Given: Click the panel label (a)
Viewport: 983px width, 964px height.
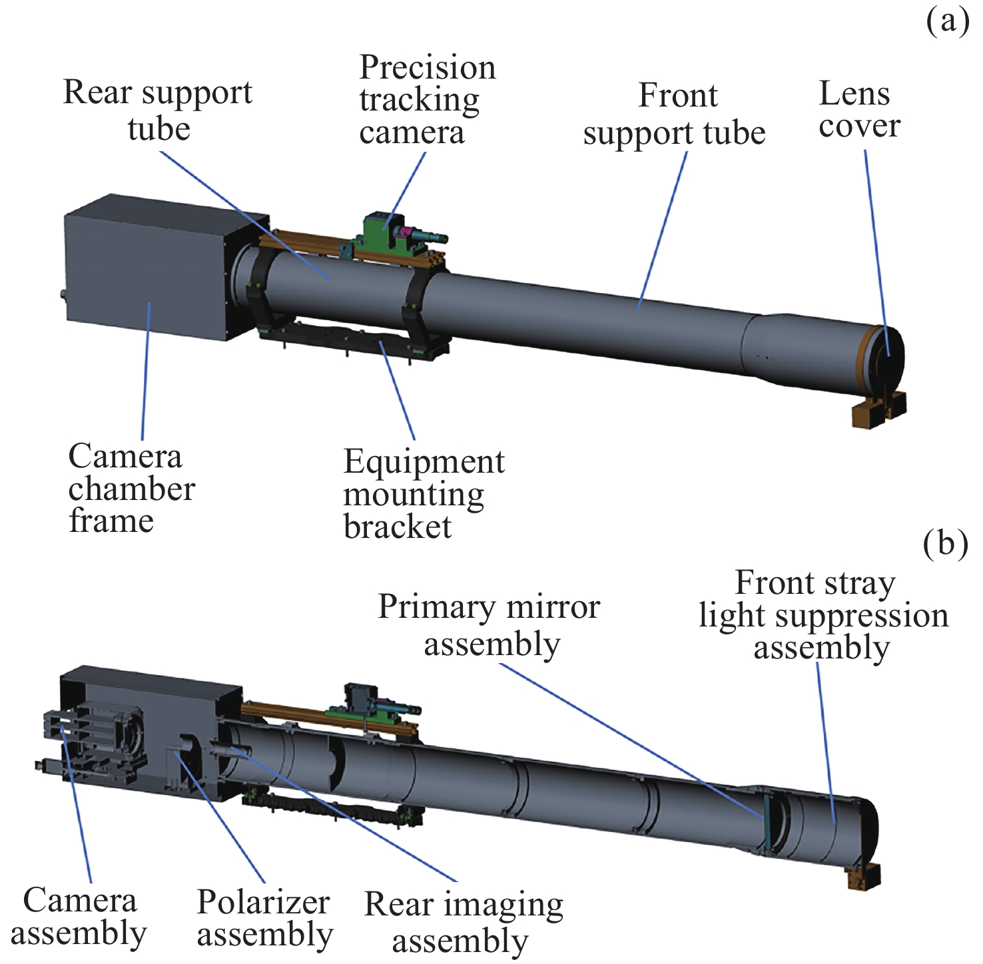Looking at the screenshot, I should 947,21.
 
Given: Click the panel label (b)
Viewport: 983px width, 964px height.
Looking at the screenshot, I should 946,544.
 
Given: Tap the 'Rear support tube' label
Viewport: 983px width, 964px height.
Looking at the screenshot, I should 158,110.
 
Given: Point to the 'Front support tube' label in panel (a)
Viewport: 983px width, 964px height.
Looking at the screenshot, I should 675,115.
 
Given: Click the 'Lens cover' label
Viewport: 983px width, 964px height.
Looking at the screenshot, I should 858,110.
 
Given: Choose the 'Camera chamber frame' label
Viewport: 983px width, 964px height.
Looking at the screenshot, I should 131,489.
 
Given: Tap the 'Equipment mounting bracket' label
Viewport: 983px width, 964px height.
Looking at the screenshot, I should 424,494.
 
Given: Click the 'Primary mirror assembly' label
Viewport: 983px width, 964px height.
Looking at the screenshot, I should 490,625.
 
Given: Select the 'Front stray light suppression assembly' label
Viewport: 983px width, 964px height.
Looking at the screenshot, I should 822,615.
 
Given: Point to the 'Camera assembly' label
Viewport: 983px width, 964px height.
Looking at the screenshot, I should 79,917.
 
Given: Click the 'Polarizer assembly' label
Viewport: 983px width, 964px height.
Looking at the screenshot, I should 264,918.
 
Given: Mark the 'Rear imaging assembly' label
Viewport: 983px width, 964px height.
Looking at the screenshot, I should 463,922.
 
